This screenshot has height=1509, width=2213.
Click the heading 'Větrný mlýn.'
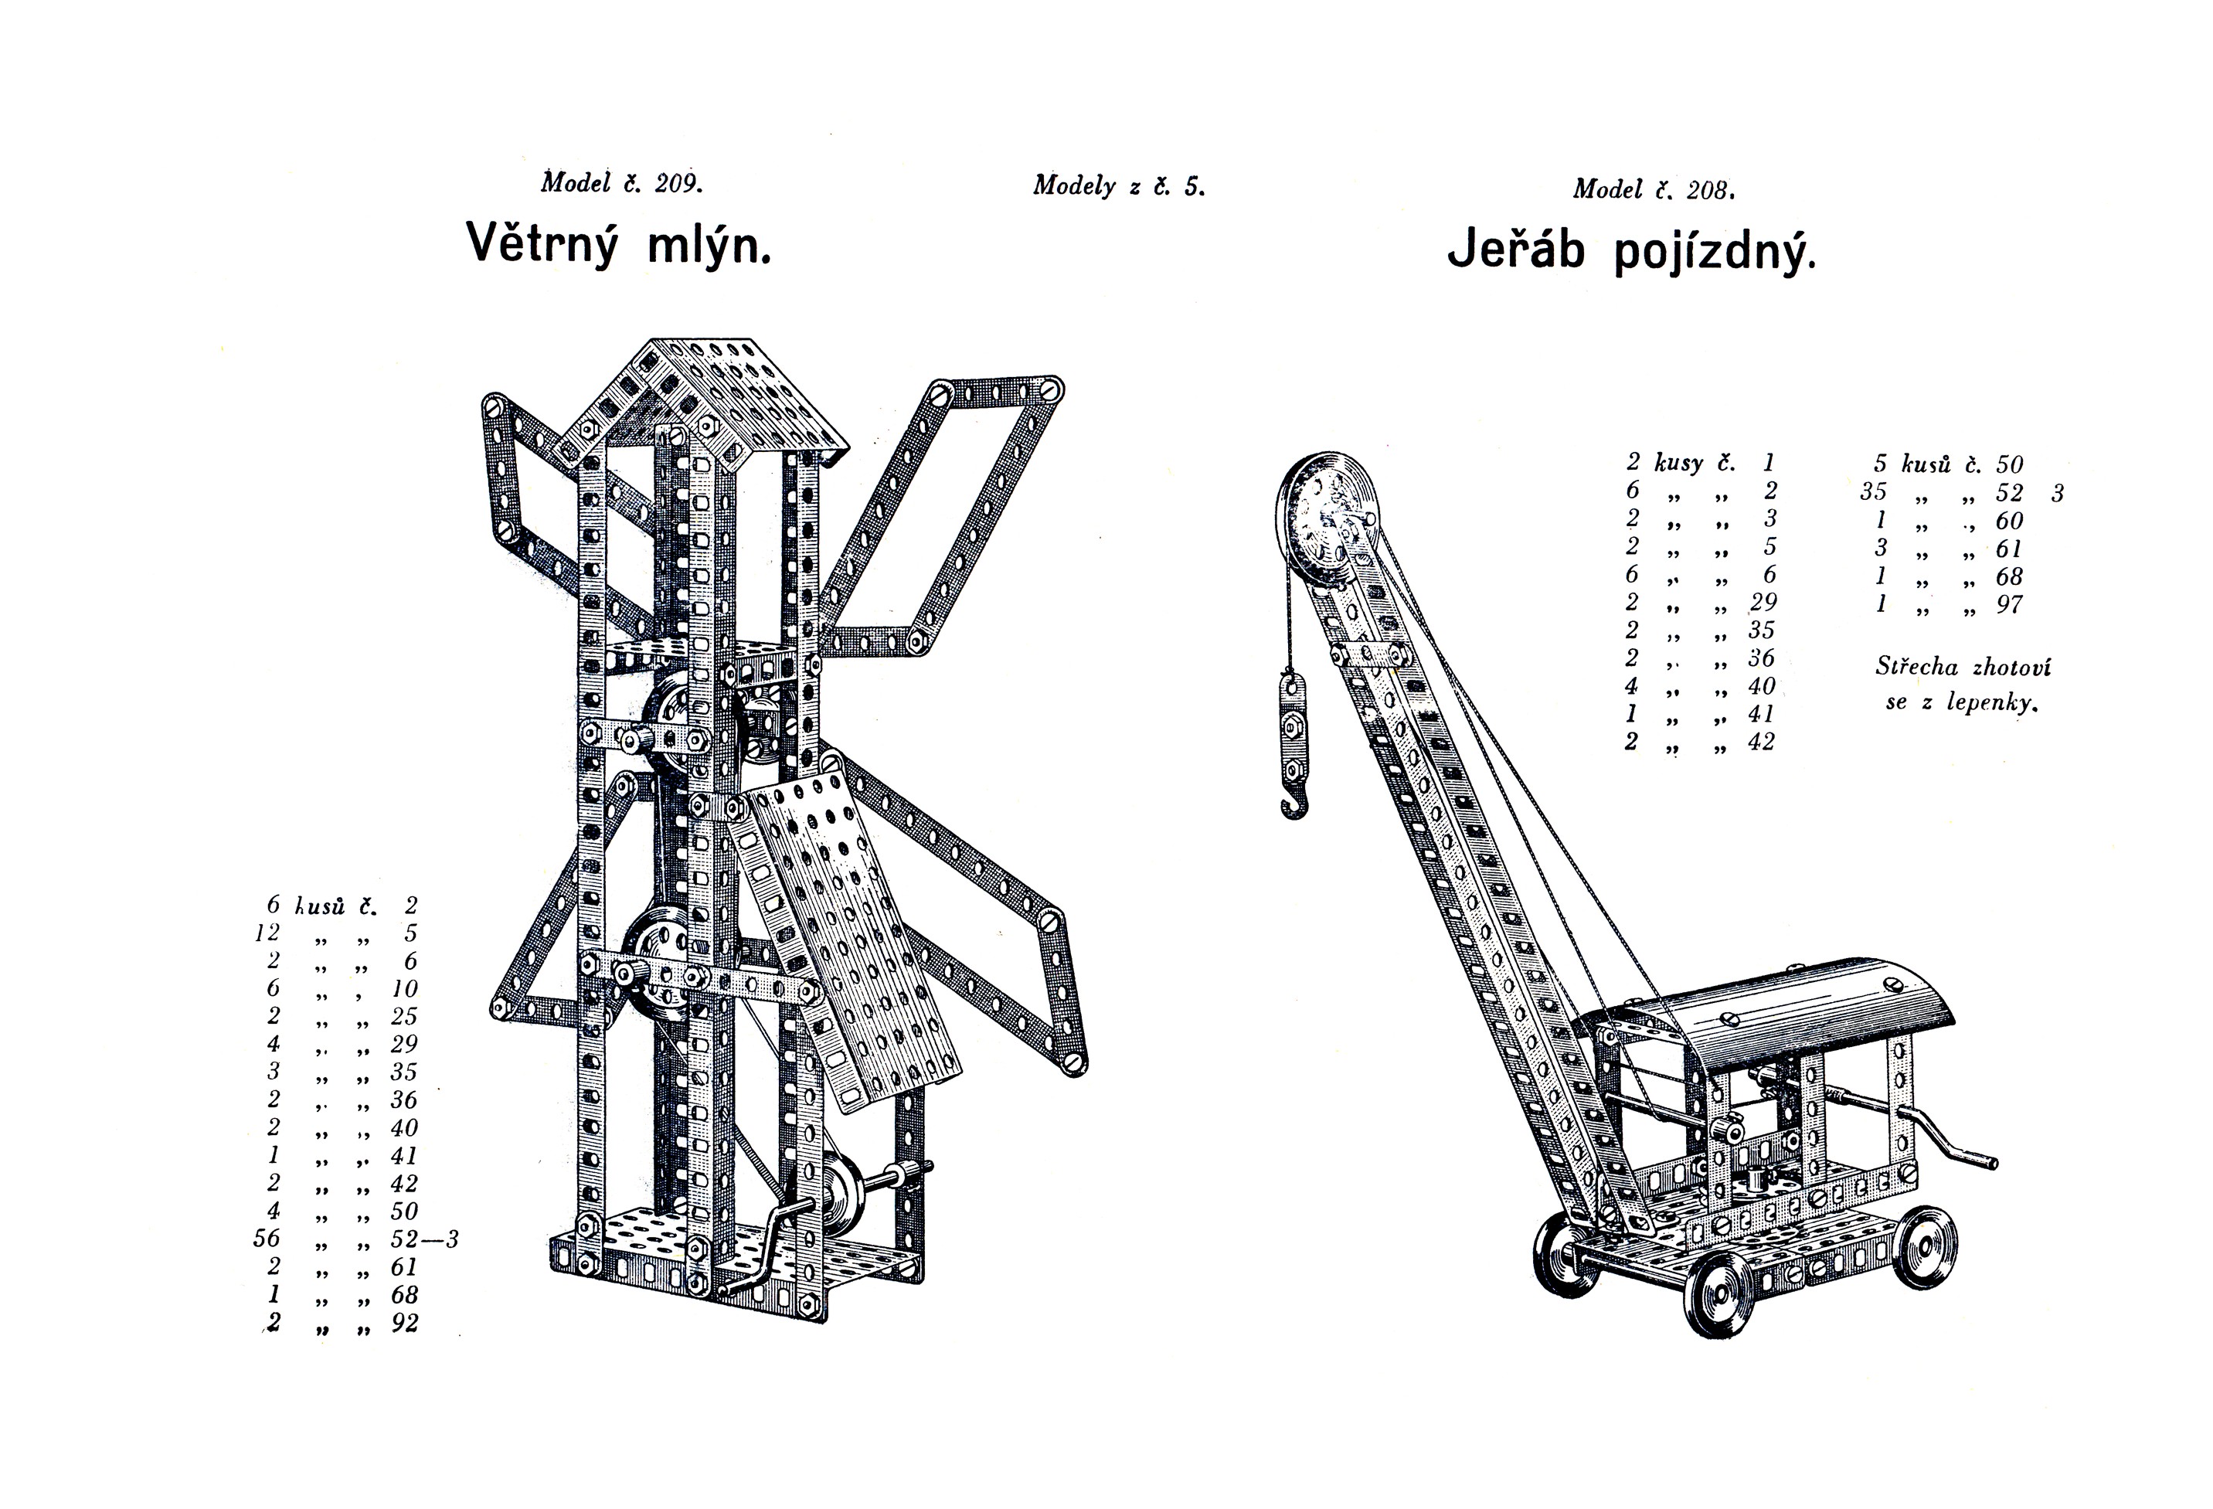coord(618,245)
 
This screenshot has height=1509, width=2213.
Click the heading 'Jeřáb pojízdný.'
coord(1631,251)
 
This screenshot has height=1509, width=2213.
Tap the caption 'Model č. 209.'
coord(622,183)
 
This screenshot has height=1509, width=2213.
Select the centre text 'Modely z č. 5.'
coord(1119,185)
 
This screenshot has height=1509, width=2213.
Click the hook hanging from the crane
coord(1293,803)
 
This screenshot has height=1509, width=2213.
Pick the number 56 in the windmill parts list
coord(267,1239)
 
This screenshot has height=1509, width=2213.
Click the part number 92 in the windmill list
coord(405,1324)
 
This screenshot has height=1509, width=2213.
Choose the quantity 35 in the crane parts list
coord(1873,492)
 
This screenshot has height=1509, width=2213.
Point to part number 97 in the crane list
coord(2009,604)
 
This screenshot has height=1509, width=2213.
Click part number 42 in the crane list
coord(1762,742)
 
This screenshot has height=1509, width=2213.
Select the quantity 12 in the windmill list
coord(267,933)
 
